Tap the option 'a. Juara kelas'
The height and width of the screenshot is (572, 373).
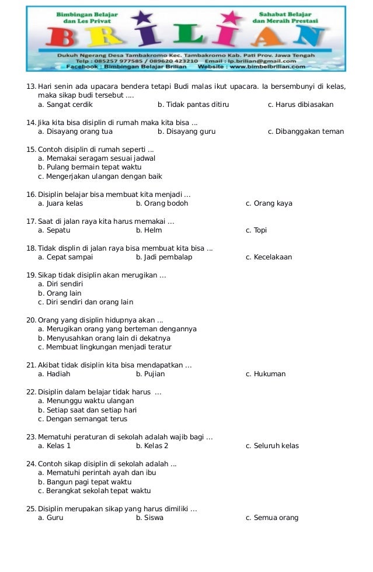click(x=60, y=203)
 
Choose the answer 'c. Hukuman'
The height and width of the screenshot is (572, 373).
click(x=266, y=374)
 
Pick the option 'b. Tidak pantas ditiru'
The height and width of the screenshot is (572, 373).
click(x=193, y=105)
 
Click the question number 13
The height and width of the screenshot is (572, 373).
click(x=32, y=87)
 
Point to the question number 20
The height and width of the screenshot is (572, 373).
click(x=32, y=320)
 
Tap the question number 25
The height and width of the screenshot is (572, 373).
click(x=32, y=509)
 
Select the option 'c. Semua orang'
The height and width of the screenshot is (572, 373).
click(x=272, y=518)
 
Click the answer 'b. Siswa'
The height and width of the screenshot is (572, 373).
click(x=149, y=518)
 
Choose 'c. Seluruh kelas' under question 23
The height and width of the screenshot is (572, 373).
click(x=272, y=446)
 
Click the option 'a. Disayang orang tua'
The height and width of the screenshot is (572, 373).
click(x=75, y=131)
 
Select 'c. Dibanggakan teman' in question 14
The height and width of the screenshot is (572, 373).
click(x=306, y=131)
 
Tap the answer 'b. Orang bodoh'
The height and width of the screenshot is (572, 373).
click(x=162, y=203)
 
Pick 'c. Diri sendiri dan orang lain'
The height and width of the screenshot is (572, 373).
click(x=85, y=302)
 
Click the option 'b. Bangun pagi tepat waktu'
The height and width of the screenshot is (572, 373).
click(x=85, y=481)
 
